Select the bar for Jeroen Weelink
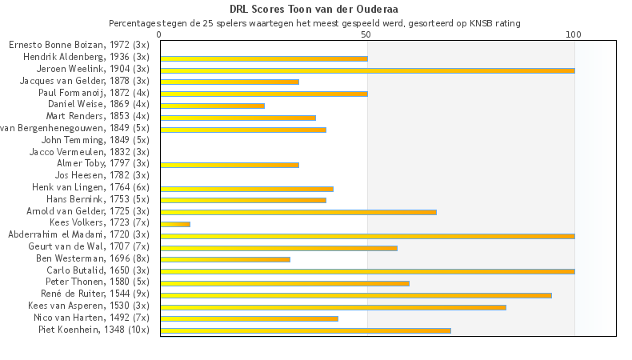367,70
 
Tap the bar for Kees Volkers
175,224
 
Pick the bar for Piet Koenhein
306,330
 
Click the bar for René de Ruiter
356,294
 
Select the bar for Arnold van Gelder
298,212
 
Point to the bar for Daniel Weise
212,106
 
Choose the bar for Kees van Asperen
333,306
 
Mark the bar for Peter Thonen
285,282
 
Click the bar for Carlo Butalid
367,271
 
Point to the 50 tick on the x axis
366,35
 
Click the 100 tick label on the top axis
574,35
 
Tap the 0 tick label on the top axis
160,35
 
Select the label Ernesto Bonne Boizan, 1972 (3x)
79,46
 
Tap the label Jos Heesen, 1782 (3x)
102,175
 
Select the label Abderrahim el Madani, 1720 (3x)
78,235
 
